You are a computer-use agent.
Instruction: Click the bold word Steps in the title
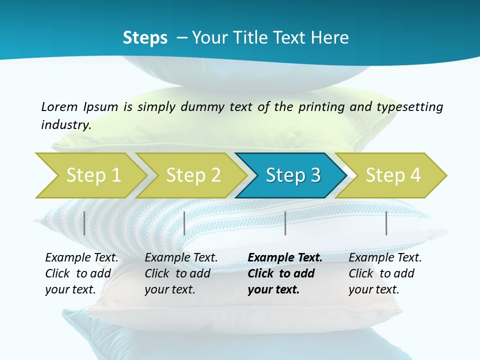145,38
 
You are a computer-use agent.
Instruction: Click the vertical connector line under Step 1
84,223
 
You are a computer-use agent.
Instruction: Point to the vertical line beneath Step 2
184,223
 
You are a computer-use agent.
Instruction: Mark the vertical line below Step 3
285,223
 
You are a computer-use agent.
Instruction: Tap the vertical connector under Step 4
386,223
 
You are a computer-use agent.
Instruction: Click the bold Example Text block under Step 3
285,273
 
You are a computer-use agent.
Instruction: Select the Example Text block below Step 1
81,273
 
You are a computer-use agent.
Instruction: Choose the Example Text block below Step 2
181,273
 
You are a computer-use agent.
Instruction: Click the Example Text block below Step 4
385,273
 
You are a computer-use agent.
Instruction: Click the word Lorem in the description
59,107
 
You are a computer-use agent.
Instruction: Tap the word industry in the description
65,125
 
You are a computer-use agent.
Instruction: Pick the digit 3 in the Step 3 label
315,175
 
